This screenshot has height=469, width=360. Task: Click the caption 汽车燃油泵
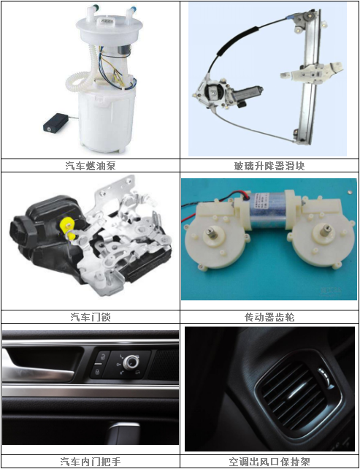[91, 166]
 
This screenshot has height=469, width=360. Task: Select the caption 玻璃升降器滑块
[269, 166]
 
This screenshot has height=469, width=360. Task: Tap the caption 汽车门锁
[91, 317]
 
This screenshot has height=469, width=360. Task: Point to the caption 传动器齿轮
[269, 317]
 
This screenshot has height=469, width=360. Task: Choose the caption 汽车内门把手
[91, 462]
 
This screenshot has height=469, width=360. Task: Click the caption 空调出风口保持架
[269, 462]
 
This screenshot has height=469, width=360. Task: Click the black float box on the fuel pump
[56, 122]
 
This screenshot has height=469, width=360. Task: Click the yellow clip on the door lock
[68, 228]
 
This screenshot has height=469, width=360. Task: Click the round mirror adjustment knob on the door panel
[131, 363]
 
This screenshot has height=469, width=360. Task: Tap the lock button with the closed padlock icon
[97, 372]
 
